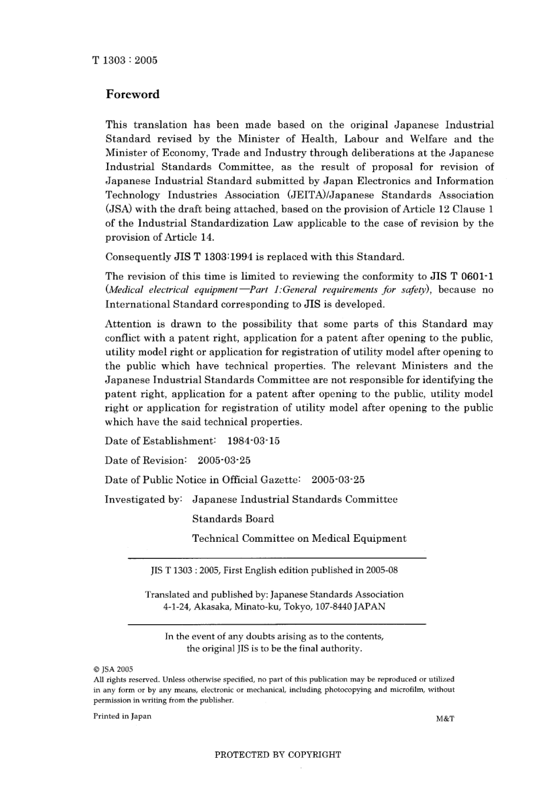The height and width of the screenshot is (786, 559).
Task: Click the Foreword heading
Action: pos(132,94)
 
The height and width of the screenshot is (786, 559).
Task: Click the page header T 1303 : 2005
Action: pos(125,60)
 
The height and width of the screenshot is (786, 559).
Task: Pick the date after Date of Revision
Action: pos(224,460)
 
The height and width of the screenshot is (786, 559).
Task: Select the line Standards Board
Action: pos(233,519)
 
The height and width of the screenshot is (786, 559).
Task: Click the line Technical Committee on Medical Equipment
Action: pos(299,538)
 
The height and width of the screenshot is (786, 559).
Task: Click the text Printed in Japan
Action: pos(122,716)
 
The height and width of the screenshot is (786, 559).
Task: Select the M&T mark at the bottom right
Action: pos(445,718)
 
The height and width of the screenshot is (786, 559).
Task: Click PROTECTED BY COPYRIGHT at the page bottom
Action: pos(278,754)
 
